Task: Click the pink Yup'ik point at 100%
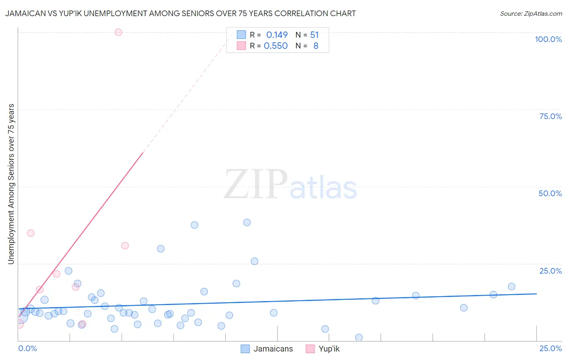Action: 118,32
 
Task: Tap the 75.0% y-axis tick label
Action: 550,116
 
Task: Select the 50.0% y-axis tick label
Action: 550,193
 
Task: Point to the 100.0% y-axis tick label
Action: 548,39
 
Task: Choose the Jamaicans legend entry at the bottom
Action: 267,349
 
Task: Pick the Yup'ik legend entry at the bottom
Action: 323,349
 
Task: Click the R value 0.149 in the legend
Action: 277,35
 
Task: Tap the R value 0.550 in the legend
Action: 275,46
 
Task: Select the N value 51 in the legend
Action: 314,35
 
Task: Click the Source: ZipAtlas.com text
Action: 531,14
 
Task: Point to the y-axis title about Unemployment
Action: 11,184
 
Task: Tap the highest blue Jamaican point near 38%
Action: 247,222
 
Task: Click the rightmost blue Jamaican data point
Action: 511,287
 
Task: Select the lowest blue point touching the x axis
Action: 359,337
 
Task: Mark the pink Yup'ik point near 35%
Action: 31,233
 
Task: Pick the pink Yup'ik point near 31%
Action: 125,246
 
